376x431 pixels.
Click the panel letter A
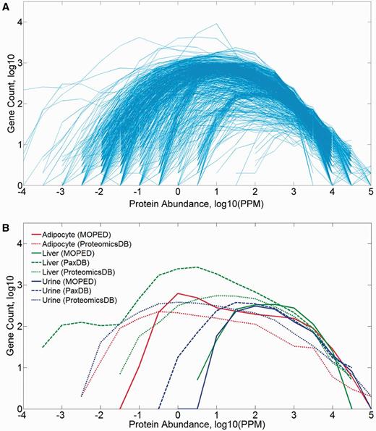[x=5, y=6]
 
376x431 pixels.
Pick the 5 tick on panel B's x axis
[x=369, y=416]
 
